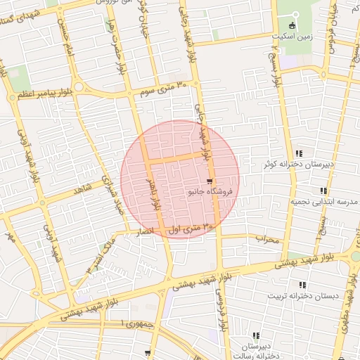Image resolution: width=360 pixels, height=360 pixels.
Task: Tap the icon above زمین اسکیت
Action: (293, 25)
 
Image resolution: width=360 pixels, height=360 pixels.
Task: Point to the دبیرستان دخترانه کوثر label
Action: (297, 164)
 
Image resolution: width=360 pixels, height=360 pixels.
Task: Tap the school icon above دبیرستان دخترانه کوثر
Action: (299, 154)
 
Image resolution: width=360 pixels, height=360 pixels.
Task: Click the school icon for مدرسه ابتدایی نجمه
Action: (323, 191)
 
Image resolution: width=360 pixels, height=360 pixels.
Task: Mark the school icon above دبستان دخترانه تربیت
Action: (302, 285)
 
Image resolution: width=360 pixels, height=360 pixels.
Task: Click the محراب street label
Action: (267, 240)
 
